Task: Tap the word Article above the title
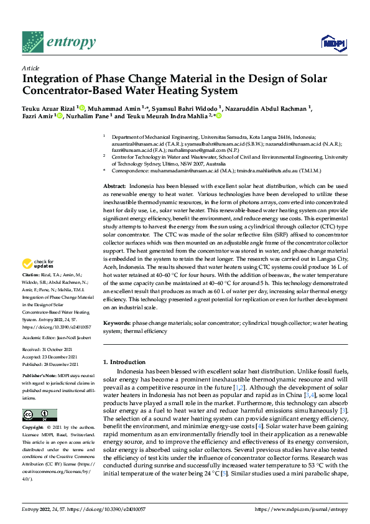click(30, 68)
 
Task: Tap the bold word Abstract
click(113, 169)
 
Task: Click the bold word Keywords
click(116, 324)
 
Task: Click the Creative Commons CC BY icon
click(40, 415)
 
